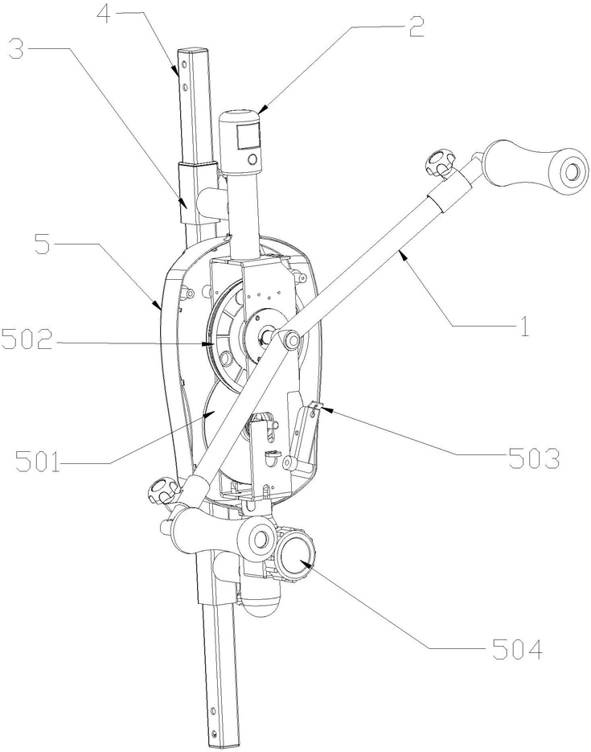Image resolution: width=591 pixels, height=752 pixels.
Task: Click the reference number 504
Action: pyautogui.click(x=517, y=649)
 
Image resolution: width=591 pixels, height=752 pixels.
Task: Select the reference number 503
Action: pyautogui.click(x=534, y=459)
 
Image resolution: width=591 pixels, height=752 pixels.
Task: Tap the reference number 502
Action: pyautogui.click(x=27, y=339)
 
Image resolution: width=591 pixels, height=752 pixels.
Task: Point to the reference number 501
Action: pyautogui.click(x=37, y=462)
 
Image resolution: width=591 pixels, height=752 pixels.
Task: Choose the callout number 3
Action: pyautogui.click(x=17, y=49)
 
